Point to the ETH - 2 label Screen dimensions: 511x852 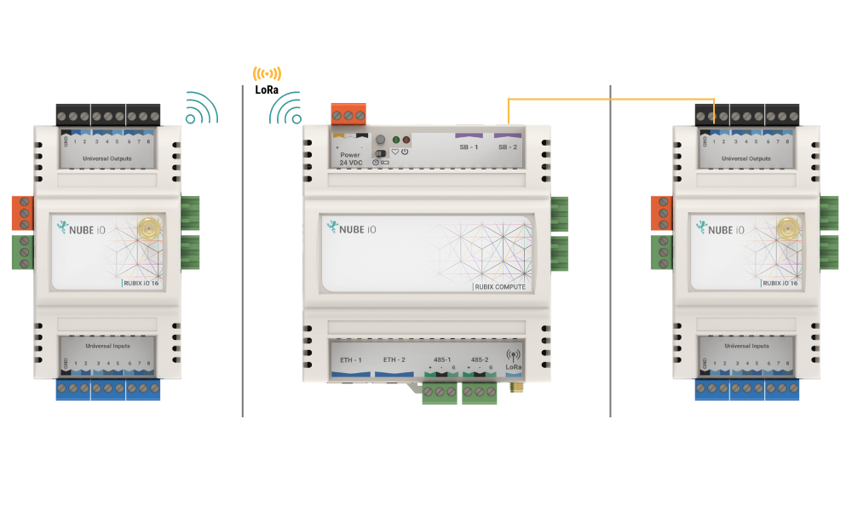click(394, 360)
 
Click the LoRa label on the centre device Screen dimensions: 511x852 click(513, 366)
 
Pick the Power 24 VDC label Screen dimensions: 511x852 click(349, 158)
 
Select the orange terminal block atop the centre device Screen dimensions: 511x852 click(348, 113)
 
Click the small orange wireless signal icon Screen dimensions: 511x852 click(267, 73)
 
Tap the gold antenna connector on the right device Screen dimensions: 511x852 click(787, 227)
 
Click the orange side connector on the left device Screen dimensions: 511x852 click(22, 211)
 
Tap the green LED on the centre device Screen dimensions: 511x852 click(396, 139)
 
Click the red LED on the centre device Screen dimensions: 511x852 click(406, 139)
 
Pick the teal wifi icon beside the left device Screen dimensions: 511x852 click(202, 108)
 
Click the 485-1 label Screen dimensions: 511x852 click(441, 360)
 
